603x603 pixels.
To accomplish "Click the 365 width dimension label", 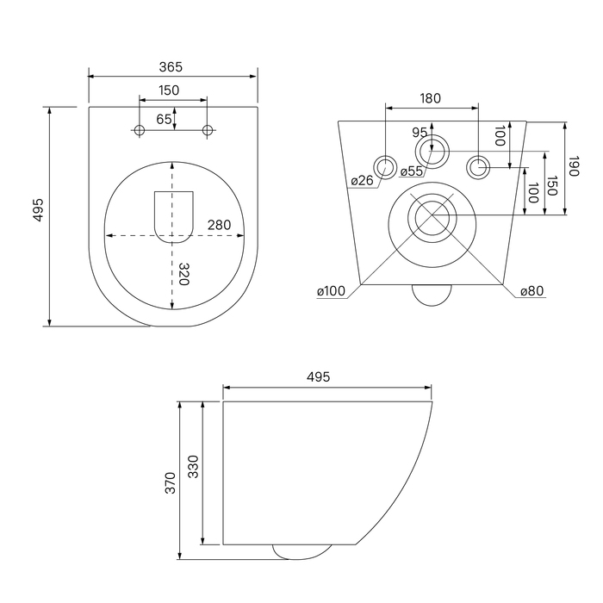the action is point(171,67).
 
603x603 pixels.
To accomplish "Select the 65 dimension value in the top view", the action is point(164,119).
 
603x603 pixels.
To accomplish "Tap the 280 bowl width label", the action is point(219,225).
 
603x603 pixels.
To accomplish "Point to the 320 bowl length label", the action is point(184,274).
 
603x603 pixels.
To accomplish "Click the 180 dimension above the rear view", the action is point(431,99).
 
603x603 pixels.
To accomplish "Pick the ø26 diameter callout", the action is point(363,180).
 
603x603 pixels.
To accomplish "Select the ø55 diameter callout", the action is point(412,171).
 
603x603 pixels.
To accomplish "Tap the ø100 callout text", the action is point(331,291).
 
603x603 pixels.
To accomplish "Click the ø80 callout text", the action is point(532,291).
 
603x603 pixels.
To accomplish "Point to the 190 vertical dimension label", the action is point(574,166).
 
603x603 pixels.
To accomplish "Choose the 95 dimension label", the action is point(420,133).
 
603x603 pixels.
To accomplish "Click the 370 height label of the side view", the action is point(170,483).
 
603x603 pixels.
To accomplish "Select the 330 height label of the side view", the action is point(193,467).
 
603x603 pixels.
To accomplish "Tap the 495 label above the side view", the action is point(319,377).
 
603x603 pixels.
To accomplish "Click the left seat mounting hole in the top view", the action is point(140,130).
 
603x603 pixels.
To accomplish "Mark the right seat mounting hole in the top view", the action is point(208,130).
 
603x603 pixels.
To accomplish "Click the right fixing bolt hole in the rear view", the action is point(478,167).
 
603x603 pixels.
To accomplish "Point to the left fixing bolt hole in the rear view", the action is point(385,167).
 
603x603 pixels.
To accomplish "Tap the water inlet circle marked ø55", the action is point(432,151).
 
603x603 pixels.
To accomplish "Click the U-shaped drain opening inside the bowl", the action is point(174,217).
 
